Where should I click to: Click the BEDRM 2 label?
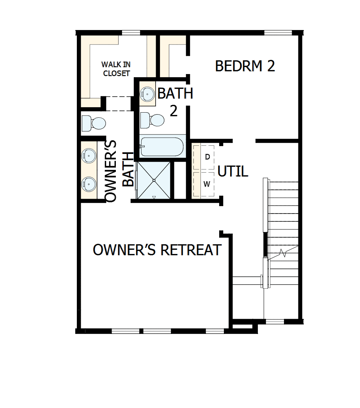tap(245, 66)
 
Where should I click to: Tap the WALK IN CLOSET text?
tap(116, 69)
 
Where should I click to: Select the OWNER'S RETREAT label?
tap(157, 250)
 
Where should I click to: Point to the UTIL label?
tap(233, 171)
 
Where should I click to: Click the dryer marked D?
tap(207, 157)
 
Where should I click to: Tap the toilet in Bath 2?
tap(152, 120)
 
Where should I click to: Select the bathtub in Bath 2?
tap(163, 147)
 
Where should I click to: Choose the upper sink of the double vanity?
tap(88, 155)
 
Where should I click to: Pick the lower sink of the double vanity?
tap(88, 182)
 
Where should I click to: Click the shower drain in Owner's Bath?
tap(154, 180)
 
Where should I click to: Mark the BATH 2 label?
tap(175, 102)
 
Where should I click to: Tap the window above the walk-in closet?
tap(131, 33)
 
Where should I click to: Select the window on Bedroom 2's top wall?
tap(278, 33)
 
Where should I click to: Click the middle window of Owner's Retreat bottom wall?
tap(157, 331)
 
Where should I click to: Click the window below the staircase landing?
tap(275, 322)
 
